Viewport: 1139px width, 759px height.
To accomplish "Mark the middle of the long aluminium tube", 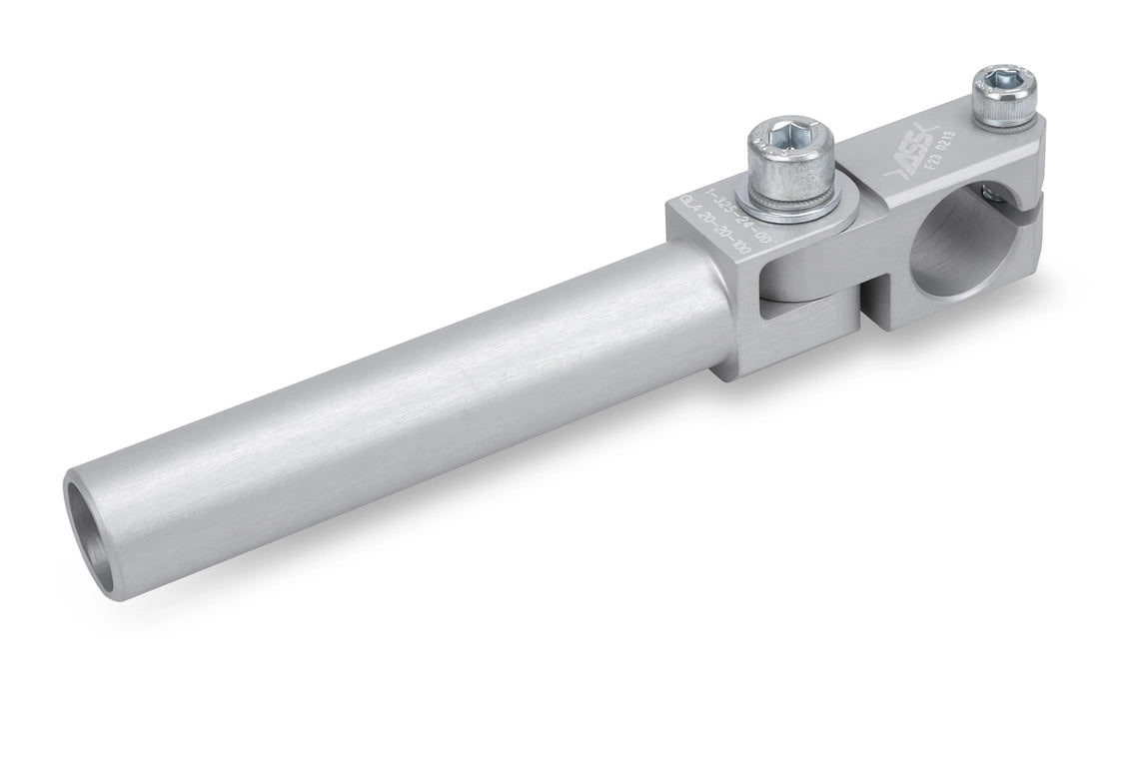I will (x=400, y=399).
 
